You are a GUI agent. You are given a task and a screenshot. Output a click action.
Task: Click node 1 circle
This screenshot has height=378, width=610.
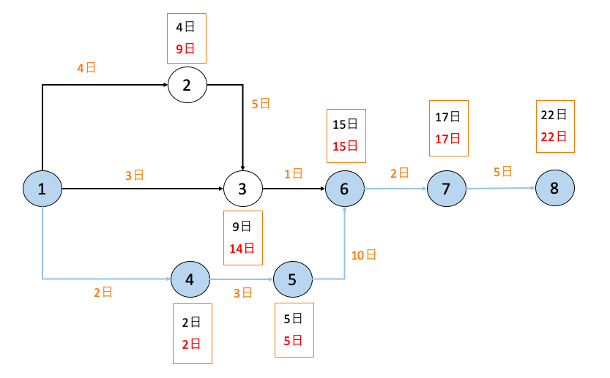(x=42, y=189)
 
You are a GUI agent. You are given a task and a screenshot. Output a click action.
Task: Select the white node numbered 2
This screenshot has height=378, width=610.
(x=187, y=86)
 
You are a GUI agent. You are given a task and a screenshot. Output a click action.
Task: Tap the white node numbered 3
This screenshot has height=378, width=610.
(x=242, y=189)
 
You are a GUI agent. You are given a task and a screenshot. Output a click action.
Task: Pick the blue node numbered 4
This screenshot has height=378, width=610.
(x=190, y=279)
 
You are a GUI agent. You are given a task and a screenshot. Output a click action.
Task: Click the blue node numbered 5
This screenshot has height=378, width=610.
(x=292, y=279)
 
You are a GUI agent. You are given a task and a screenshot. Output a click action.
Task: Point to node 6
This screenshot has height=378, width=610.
(x=344, y=189)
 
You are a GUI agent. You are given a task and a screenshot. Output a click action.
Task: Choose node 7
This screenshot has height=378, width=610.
(x=446, y=189)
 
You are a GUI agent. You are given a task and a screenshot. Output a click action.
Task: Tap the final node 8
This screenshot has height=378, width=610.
(x=554, y=188)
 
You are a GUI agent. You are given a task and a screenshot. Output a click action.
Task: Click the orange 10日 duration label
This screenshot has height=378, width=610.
(x=365, y=254)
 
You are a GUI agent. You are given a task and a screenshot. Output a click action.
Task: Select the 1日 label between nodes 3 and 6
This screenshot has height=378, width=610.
(x=293, y=173)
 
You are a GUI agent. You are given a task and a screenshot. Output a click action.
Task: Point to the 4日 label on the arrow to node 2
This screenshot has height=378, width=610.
(x=86, y=68)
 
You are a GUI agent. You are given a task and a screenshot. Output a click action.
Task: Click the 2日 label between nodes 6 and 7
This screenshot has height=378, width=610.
(x=399, y=173)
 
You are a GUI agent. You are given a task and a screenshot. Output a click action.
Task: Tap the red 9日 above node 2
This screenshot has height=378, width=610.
(x=185, y=49)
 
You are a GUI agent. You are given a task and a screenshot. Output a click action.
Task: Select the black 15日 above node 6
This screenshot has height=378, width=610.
(x=344, y=124)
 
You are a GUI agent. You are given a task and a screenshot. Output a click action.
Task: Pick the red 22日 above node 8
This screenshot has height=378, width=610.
(x=554, y=136)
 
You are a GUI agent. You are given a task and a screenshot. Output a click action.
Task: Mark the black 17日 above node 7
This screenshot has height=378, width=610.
(x=447, y=117)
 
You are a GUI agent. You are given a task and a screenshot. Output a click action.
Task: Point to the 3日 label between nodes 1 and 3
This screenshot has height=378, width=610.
(x=134, y=175)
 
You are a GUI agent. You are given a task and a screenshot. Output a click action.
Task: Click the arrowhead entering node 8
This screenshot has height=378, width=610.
(x=532, y=188)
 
